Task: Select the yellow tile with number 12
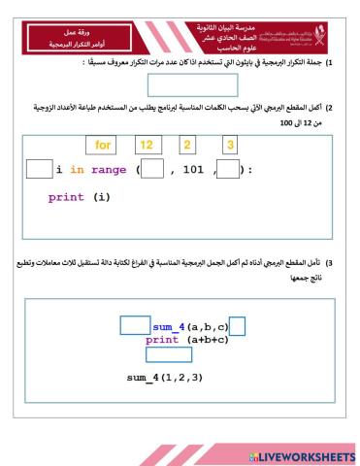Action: pyautogui.click(x=147, y=146)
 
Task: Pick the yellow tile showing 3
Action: pyautogui.click(x=230, y=146)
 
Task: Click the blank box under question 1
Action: pyautogui.click(x=180, y=85)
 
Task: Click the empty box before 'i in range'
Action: pyautogui.click(x=37, y=170)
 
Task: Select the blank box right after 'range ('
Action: pyautogui.click(x=151, y=170)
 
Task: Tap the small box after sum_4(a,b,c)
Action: pyautogui.click(x=237, y=326)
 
